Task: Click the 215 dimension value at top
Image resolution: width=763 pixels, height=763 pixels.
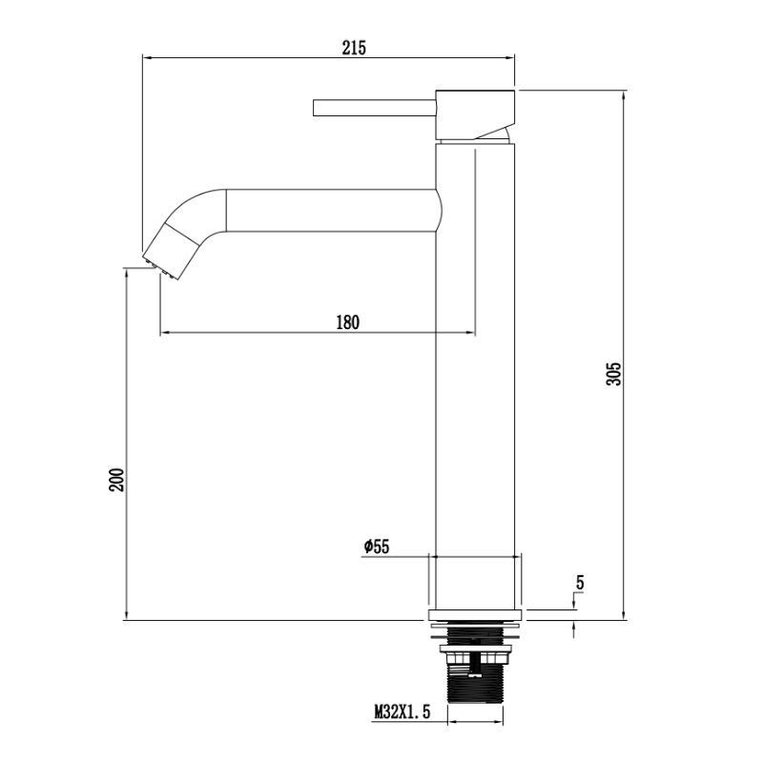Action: click(354, 48)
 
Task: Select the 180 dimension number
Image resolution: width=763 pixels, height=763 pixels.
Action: click(348, 322)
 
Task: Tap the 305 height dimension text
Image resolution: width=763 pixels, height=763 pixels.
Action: click(614, 374)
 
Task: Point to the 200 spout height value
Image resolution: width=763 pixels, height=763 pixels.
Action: click(116, 480)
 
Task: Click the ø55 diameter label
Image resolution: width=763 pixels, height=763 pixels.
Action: click(377, 546)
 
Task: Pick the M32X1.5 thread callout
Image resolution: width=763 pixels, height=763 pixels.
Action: click(402, 712)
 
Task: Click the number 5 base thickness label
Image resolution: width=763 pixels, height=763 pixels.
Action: click(580, 583)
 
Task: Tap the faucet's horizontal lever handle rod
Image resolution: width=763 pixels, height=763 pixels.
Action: click(374, 108)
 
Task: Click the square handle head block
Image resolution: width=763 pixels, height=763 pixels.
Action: click(475, 114)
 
